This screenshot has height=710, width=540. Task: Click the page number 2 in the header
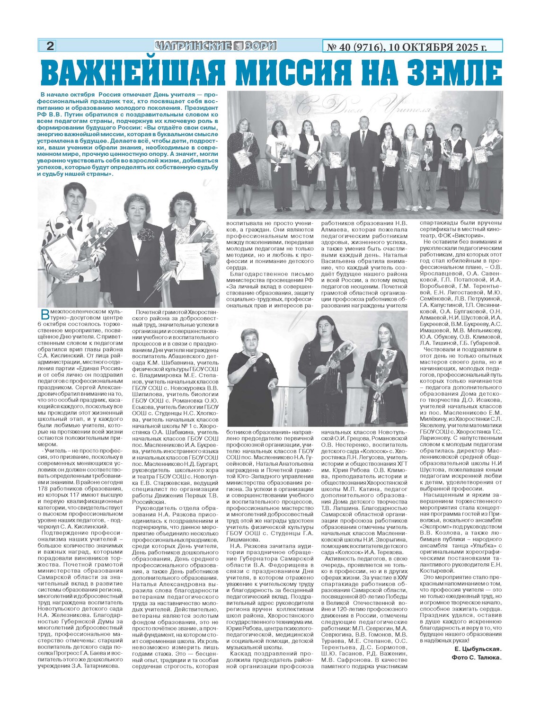[x=50, y=46]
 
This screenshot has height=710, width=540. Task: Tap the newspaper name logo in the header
[x=215, y=46]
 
